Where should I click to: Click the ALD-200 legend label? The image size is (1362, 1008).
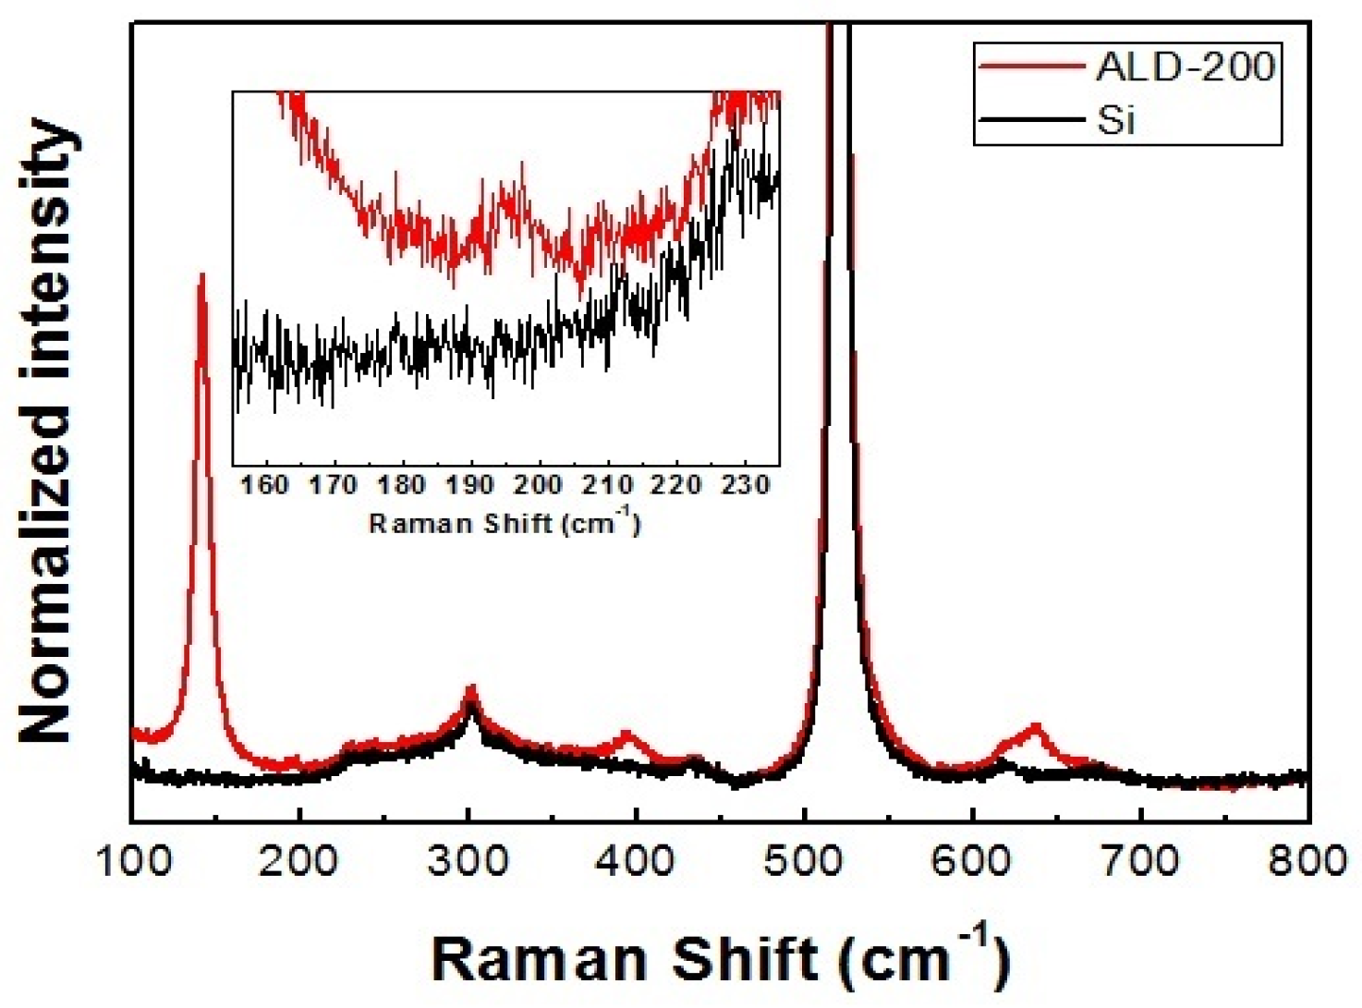tap(1185, 67)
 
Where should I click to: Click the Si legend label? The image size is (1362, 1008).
tap(1115, 120)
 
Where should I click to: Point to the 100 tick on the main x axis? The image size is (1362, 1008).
tap(133, 861)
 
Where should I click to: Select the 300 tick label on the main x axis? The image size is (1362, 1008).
tap(468, 861)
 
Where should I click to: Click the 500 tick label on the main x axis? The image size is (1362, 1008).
tap(805, 861)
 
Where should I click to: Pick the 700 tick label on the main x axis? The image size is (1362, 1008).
tap(1141, 861)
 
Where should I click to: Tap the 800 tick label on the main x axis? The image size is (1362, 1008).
tap(1307, 861)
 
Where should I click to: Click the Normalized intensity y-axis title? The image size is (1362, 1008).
tap(46, 431)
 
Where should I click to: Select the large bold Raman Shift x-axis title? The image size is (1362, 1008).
tap(720, 959)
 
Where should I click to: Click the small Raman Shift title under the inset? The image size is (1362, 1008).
tap(505, 523)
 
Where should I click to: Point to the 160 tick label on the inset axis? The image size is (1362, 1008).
tap(265, 484)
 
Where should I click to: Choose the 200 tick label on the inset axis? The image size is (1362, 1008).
tap(539, 484)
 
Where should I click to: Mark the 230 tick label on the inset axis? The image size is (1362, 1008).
tap(745, 484)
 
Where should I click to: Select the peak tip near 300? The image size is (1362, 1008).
tap(470, 688)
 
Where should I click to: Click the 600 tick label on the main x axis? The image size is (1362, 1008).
tap(973, 861)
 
